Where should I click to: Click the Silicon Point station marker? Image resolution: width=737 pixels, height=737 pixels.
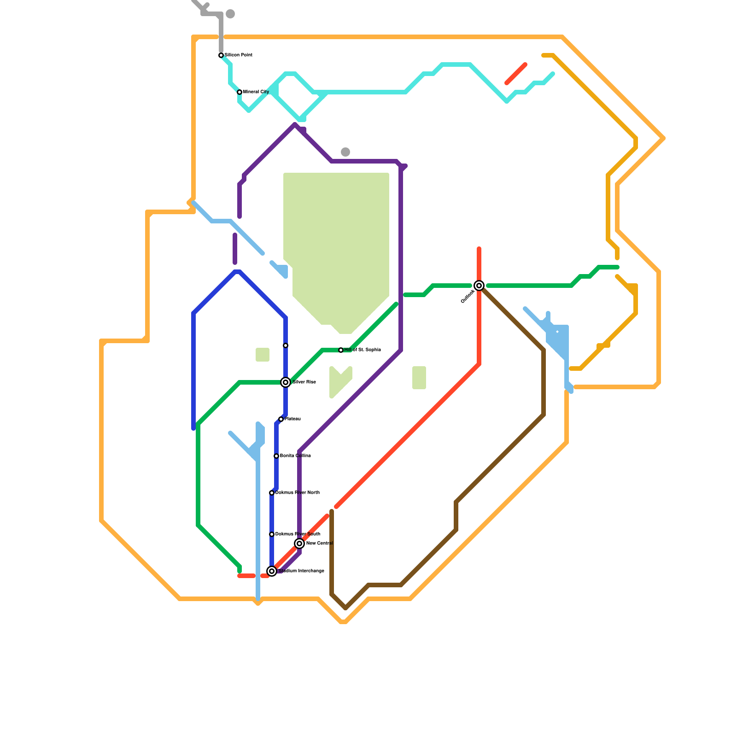pos(221,55)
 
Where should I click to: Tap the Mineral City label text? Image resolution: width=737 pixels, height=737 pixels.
pos(256,92)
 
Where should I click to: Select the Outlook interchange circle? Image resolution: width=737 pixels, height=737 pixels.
pos(479,286)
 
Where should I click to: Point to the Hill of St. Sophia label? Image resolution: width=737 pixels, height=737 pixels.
pos(363,350)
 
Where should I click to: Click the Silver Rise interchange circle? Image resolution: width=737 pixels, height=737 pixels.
pos(286,382)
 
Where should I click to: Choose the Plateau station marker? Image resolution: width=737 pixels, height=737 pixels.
pos(281,419)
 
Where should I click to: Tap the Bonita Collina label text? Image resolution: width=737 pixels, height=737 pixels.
pos(295,456)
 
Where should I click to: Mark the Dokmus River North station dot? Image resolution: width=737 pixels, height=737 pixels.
pos(272,493)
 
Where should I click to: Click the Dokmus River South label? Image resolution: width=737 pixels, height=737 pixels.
pos(298,534)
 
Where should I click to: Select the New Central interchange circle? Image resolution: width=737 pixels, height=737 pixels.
pos(299,544)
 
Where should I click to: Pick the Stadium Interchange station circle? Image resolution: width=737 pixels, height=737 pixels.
pos(272,571)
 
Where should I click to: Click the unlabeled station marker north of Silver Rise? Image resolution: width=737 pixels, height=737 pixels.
pos(286,345)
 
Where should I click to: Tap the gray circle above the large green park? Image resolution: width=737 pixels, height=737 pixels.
pos(345,152)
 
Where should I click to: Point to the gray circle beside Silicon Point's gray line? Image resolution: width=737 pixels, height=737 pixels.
pos(230,14)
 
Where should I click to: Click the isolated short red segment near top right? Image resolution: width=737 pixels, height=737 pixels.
pos(516,74)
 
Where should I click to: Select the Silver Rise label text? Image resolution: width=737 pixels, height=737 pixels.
pos(304,382)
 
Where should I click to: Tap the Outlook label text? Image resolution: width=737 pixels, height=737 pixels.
pos(468,296)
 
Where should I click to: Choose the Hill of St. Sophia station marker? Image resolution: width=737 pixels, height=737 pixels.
pos(341,350)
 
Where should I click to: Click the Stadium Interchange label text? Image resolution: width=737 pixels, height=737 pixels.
pos(301,571)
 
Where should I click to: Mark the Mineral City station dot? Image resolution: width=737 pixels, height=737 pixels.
pos(240,92)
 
